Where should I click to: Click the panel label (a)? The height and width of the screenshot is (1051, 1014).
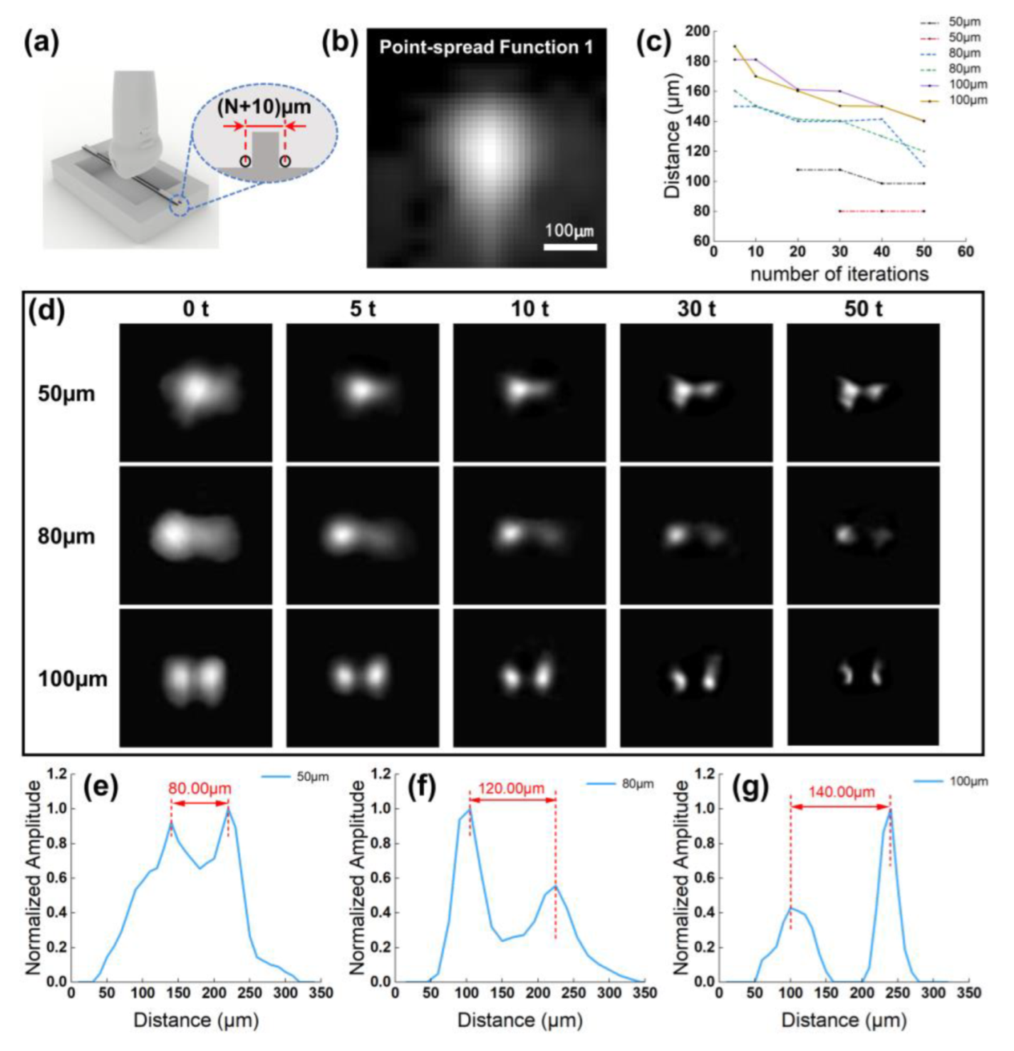click(x=41, y=44)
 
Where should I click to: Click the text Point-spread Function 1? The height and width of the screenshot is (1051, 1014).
click(x=486, y=48)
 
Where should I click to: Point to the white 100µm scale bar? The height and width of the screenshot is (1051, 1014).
click(x=570, y=247)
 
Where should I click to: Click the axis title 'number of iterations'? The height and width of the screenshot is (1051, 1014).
click(x=839, y=274)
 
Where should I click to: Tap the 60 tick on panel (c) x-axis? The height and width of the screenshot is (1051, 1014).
click(x=966, y=252)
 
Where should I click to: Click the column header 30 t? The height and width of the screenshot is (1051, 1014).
click(x=696, y=309)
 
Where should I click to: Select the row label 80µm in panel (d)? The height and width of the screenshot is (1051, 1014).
click(x=66, y=536)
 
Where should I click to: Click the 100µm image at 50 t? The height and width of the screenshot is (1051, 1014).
click(x=863, y=676)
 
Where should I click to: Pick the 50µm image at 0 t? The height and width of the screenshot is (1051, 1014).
click(x=196, y=392)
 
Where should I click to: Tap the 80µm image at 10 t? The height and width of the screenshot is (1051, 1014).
click(x=529, y=535)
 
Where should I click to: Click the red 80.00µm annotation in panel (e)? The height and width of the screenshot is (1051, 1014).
click(x=200, y=788)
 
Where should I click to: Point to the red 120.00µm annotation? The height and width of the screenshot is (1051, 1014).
click(x=512, y=788)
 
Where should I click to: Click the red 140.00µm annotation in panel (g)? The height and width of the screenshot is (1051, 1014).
click(x=841, y=792)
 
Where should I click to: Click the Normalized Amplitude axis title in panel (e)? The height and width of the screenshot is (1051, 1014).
click(x=33, y=877)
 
